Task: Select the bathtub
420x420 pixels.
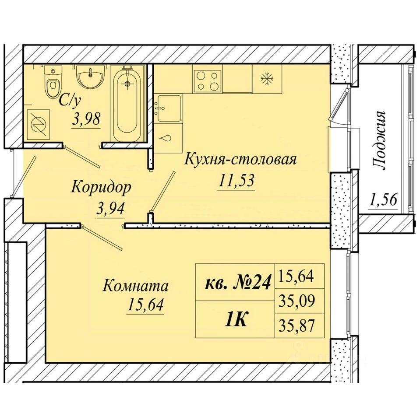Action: coord(127,104)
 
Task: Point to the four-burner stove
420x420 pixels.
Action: coord(207,80)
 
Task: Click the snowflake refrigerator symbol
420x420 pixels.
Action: coord(267,79)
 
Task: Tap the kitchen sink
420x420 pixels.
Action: coord(169,108)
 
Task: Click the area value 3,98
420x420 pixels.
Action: coord(86,119)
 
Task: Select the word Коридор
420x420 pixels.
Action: coord(101,188)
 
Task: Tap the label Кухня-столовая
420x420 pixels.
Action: coord(240,159)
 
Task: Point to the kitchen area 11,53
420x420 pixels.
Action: coord(236,180)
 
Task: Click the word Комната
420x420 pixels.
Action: coord(136,286)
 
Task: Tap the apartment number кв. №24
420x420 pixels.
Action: coord(237,282)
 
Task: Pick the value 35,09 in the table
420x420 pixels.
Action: coord(296,301)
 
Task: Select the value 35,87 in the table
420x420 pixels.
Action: coord(296,325)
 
